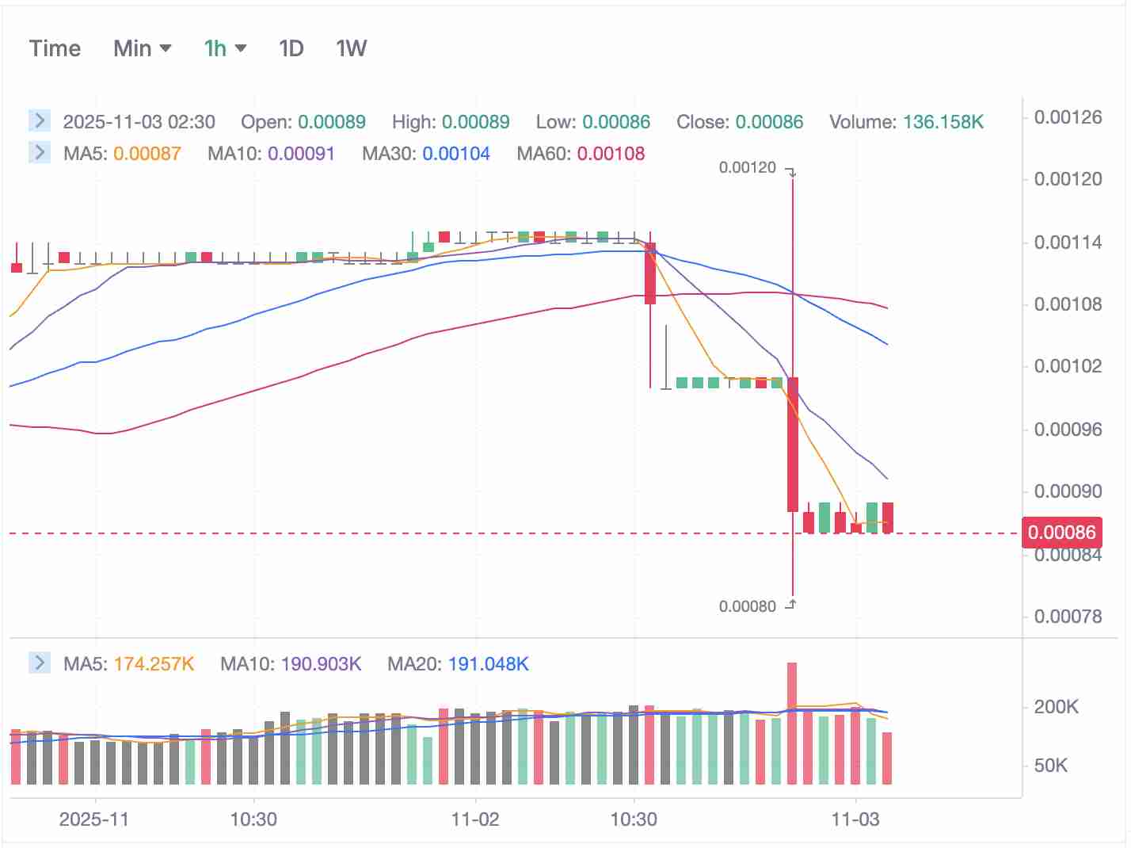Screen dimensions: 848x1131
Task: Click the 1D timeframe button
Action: pyautogui.click(x=291, y=49)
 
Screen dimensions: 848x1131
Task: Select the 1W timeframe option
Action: pyautogui.click(x=351, y=49)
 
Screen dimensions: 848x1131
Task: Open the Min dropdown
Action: pyautogui.click(x=143, y=49)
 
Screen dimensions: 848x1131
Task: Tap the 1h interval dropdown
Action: pyautogui.click(x=225, y=49)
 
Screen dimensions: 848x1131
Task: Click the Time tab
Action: pyautogui.click(x=55, y=49)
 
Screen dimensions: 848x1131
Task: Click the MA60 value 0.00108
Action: pyautogui.click(x=611, y=154)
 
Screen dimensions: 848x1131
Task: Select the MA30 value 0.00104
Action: pyautogui.click(x=456, y=154)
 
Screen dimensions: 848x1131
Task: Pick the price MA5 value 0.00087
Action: pyautogui.click(x=147, y=154)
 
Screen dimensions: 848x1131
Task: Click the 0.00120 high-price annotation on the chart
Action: pyautogui.click(x=747, y=167)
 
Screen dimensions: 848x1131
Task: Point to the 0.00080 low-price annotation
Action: pyautogui.click(x=747, y=606)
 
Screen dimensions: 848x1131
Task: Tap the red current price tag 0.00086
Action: pyautogui.click(x=1061, y=533)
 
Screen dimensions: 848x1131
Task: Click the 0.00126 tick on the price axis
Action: pyautogui.click(x=1068, y=117)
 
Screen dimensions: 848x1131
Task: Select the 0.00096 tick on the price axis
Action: pyautogui.click(x=1068, y=430)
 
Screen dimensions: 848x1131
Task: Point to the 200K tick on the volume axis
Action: pyautogui.click(x=1056, y=707)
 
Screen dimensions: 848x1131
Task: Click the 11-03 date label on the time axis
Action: pyautogui.click(x=855, y=819)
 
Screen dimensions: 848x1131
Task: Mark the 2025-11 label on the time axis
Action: pyautogui.click(x=93, y=819)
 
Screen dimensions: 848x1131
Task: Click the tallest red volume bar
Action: pyautogui.click(x=792, y=723)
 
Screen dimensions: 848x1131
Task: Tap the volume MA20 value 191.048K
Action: pyautogui.click(x=488, y=664)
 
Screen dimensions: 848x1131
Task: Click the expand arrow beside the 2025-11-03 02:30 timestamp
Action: pyautogui.click(x=40, y=120)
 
